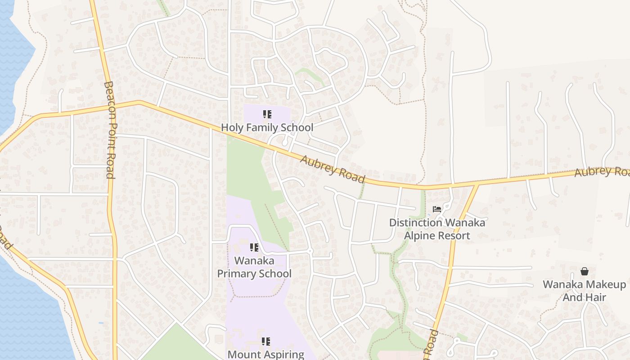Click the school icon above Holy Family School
pos(267,114)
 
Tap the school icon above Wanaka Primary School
pos(254,247)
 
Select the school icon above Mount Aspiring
pos(266,342)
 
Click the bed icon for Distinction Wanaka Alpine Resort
pos(436,209)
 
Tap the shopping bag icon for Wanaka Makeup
pos(584,271)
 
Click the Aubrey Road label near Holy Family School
pos(333,169)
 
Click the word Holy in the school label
pos(232,128)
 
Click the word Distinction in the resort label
pos(415,223)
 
